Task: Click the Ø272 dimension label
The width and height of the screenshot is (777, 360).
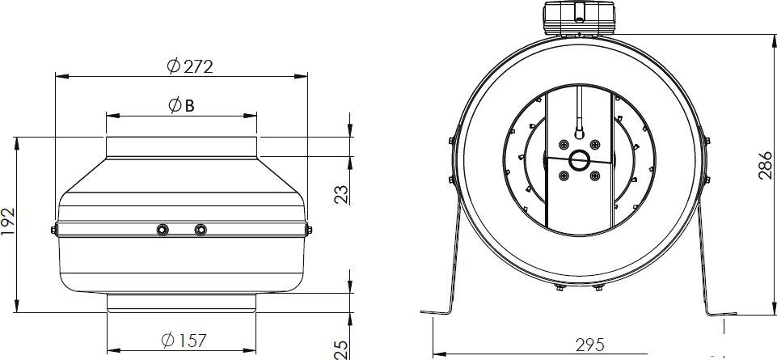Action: pos(190,66)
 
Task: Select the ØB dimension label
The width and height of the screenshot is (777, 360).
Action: pos(181,105)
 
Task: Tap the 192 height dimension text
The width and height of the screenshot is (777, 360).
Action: pos(8,222)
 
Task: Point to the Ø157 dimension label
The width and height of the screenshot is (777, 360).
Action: pos(184,340)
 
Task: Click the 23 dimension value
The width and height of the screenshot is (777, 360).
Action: pos(341,194)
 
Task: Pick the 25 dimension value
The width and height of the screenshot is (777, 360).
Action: pos(341,349)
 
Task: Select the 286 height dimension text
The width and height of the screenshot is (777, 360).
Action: pos(766,164)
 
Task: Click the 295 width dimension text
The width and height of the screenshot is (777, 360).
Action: pos(590,344)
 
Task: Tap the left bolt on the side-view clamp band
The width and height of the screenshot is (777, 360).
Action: pos(162,230)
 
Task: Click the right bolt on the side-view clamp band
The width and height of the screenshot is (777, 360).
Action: pos(201,230)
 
